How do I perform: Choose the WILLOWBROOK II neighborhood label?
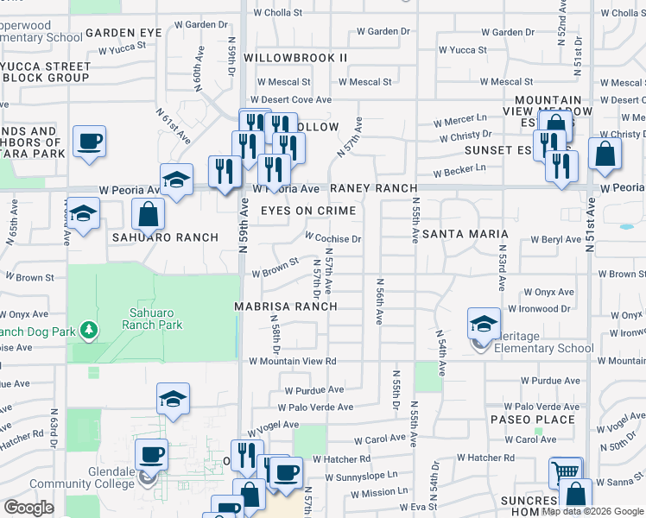click(294, 58)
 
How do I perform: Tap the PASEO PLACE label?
click(532, 420)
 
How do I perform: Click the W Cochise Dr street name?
click(332, 237)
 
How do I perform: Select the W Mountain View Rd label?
click(292, 362)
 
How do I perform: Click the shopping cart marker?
click(565, 471)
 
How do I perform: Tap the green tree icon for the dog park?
click(87, 330)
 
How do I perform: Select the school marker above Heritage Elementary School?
click(484, 324)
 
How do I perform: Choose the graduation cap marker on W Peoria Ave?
click(176, 180)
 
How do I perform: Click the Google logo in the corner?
click(29, 508)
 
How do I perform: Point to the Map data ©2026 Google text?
click(592, 512)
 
